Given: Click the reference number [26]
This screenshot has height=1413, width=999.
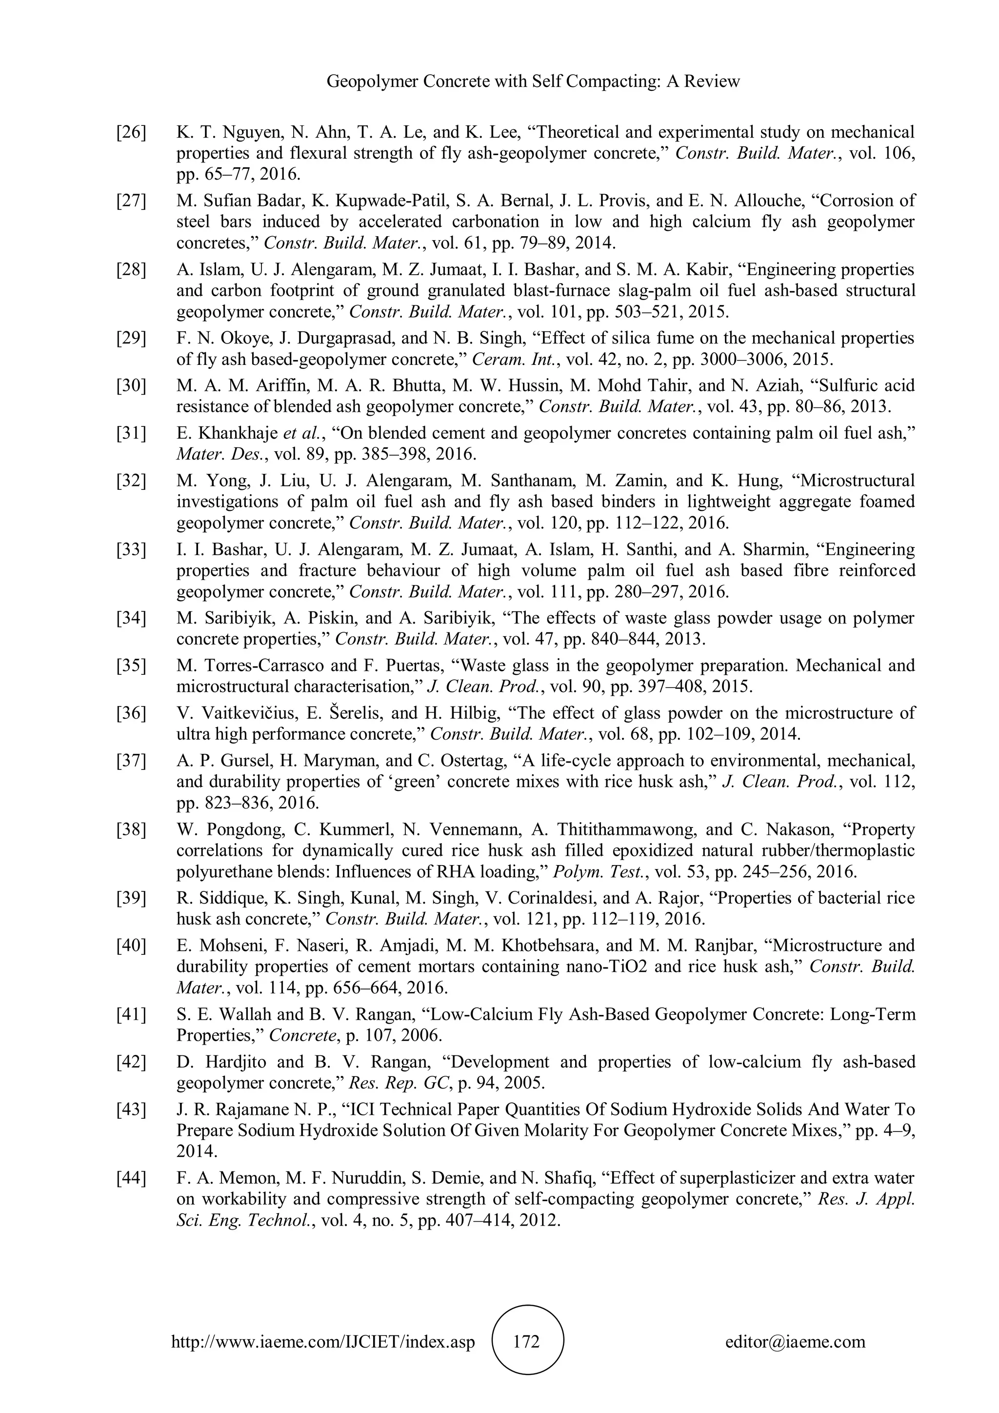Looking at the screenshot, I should [x=131, y=132].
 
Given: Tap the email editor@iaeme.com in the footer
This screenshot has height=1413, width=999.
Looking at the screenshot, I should [x=795, y=1341].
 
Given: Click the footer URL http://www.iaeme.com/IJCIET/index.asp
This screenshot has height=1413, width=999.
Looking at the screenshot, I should [x=323, y=1341].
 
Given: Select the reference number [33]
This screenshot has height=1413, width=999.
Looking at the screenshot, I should [x=131, y=549].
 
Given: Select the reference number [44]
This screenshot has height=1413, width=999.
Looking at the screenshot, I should [x=131, y=1178].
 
